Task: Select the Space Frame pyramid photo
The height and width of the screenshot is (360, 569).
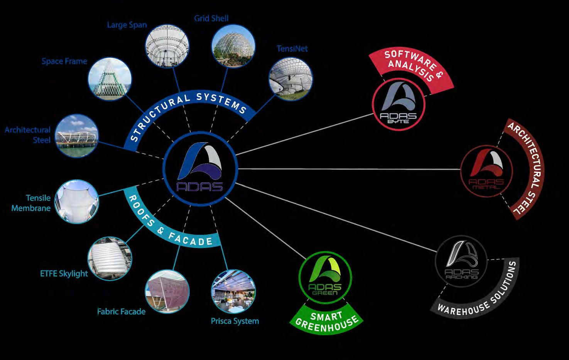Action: click(x=110, y=80)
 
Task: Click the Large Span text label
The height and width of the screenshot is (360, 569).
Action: click(x=127, y=25)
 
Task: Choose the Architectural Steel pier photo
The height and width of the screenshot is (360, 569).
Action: click(x=77, y=135)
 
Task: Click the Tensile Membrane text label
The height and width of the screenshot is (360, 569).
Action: click(x=31, y=203)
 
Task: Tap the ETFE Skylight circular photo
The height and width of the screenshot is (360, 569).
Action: click(x=110, y=258)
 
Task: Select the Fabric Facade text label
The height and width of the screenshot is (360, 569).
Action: click(x=121, y=311)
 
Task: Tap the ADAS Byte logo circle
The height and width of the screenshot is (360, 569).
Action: click(x=398, y=104)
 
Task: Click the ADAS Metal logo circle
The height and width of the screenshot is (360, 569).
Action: click(x=486, y=171)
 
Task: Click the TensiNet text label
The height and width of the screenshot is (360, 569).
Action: click(x=292, y=49)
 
